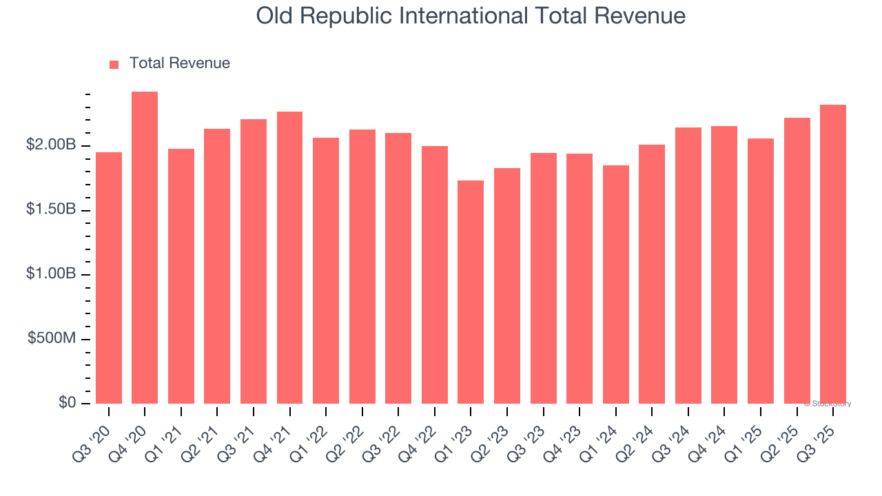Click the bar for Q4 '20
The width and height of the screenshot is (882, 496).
click(145, 248)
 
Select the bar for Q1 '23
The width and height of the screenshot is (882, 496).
click(471, 292)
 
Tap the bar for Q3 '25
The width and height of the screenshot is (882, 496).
click(833, 254)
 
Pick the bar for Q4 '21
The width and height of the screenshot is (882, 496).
click(289, 258)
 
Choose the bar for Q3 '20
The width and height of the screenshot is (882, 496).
click(109, 278)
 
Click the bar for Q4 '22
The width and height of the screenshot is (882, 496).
click(435, 275)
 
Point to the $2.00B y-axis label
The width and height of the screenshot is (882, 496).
click(51, 145)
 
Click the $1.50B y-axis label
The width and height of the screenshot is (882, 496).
click(51, 209)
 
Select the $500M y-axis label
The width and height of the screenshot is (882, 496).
click(52, 338)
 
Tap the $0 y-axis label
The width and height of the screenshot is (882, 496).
click(67, 402)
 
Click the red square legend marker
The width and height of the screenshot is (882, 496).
click(114, 64)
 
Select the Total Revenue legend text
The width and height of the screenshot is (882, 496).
click(179, 63)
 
